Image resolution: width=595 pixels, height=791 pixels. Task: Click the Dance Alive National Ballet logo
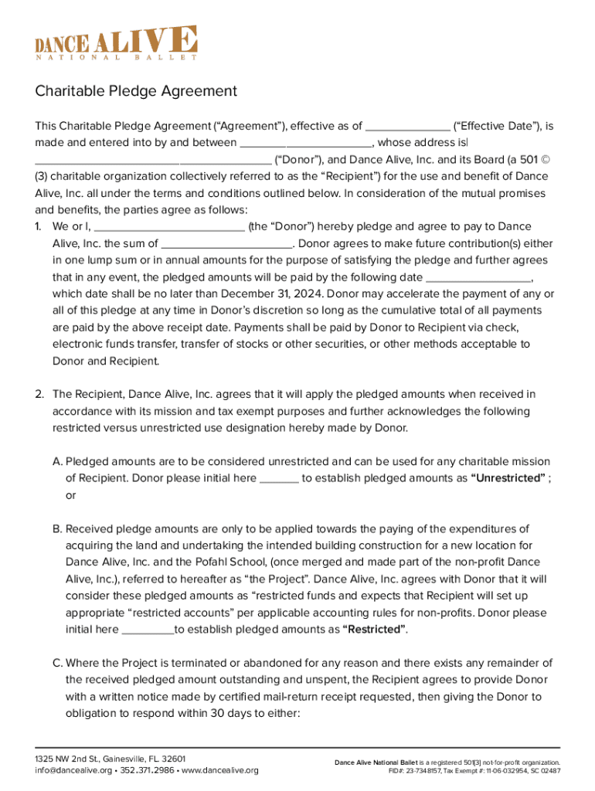click(x=116, y=42)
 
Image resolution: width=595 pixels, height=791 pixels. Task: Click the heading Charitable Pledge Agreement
click(x=136, y=91)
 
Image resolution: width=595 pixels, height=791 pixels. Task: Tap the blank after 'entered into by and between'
click(x=306, y=143)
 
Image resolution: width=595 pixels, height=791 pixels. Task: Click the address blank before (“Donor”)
click(x=153, y=160)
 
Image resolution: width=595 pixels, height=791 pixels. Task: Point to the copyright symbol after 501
click(x=545, y=160)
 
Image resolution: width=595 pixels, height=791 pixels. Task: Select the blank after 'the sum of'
click(x=227, y=243)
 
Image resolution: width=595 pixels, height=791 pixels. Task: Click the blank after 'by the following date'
click(x=478, y=277)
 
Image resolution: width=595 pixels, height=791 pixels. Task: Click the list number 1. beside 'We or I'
click(x=39, y=227)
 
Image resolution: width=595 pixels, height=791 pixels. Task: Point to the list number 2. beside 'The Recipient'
click(x=39, y=395)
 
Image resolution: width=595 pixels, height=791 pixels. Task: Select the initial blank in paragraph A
click(x=279, y=478)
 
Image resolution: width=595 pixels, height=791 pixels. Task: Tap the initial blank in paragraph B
click(x=148, y=630)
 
